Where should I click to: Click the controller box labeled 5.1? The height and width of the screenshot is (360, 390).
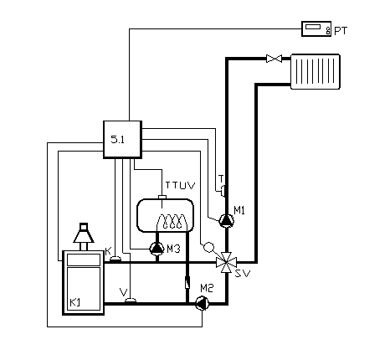click(x=123, y=140)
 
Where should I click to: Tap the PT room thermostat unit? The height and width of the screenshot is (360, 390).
click(x=316, y=28)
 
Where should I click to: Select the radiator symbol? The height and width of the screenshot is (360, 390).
click(x=316, y=71)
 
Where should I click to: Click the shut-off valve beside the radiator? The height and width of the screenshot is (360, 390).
click(x=274, y=59)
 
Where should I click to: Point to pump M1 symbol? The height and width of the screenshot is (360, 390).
click(x=227, y=221)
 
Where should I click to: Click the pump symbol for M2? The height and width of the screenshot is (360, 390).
click(x=203, y=304)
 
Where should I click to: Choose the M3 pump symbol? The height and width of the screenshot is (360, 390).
click(x=157, y=249)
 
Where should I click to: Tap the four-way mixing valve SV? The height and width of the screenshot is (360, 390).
click(x=227, y=262)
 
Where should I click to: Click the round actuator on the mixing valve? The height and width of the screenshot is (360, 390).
click(x=208, y=247)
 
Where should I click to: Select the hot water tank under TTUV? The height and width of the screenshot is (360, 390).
click(x=165, y=215)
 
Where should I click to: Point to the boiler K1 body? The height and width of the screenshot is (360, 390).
click(x=84, y=283)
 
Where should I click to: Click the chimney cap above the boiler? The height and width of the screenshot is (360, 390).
click(x=84, y=233)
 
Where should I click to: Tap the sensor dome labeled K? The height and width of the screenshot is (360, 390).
click(x=115, y=260)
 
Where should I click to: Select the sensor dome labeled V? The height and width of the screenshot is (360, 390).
click(x=131, y=301)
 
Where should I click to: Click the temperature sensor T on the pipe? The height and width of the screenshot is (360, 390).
click(x=223, y=191)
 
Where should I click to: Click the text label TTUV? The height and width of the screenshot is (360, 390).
click(x=180, y=186)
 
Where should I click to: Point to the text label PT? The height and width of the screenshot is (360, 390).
click(x=341, y=31)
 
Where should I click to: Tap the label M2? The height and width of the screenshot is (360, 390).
click(x=207, y=288)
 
